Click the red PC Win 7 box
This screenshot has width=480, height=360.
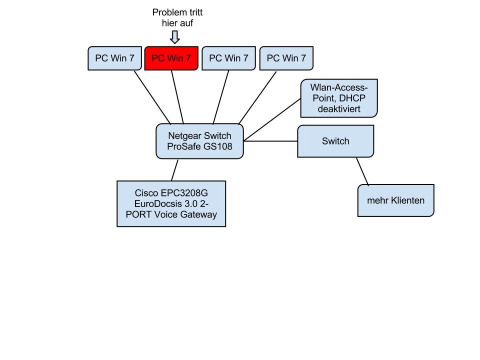171,58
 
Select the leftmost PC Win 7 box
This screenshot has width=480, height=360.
114,58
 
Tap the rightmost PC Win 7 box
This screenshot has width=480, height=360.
286,58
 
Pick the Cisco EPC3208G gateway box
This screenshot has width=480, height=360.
171,203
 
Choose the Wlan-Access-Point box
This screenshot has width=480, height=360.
338,98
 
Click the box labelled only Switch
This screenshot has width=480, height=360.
335,141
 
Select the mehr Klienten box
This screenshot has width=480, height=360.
396,201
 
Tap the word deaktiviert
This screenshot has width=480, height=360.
338,108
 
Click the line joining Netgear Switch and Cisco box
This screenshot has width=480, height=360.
174,170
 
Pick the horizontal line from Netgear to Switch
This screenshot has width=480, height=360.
270,141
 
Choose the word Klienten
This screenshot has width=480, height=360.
405,201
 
